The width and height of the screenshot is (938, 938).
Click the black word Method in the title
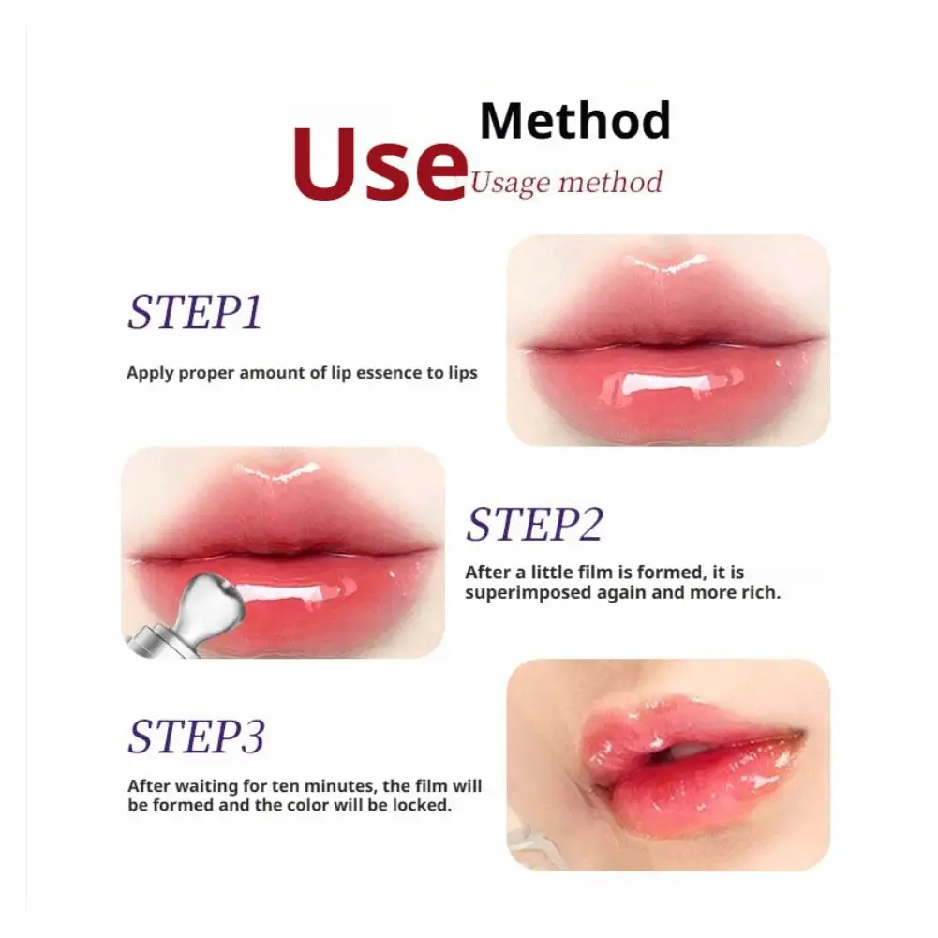click(x=574, y=121)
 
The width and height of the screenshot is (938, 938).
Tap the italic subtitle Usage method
click(x=566, y=181)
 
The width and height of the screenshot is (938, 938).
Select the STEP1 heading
click(x=194, y=313)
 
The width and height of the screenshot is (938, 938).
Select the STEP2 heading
click(x=534, y=525)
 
